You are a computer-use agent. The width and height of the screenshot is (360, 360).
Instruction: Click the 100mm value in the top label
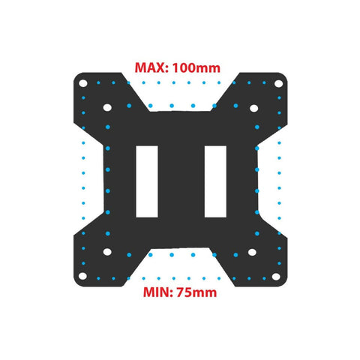(x=196, y=67)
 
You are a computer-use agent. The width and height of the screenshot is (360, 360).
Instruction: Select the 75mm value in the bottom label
(x=196, y=292)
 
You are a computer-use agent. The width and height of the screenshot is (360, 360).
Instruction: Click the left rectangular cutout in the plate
(x=147, y=181)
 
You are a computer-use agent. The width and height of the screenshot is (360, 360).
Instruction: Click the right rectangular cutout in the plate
(x=215, y=181)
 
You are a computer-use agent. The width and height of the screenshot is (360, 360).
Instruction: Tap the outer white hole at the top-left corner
(x=83, y=83)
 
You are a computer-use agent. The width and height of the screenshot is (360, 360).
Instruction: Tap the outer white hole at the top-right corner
(x=278, y=83)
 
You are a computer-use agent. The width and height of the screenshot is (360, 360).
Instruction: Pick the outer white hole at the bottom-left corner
(x=82, y=276)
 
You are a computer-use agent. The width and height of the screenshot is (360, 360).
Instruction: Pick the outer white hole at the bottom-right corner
(x=276, y=277)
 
